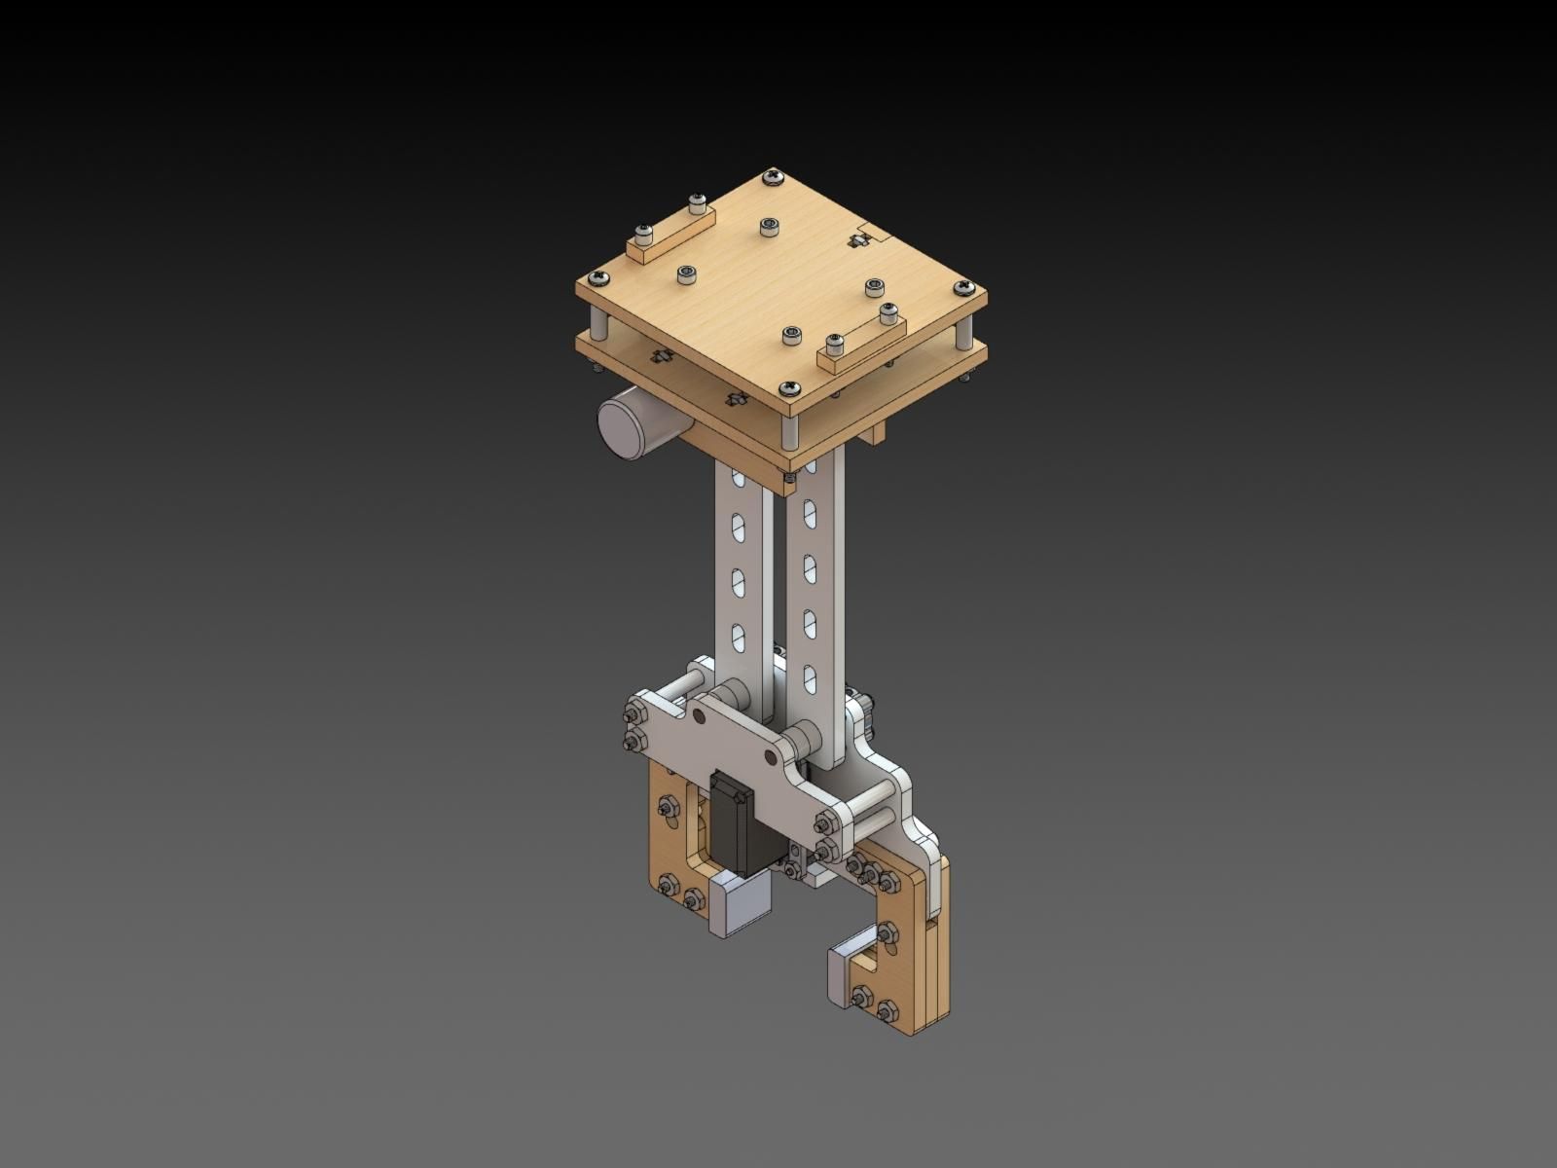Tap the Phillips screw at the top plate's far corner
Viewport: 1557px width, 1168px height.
coord(774,177)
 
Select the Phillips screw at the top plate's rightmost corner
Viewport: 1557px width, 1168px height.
coord(963,287)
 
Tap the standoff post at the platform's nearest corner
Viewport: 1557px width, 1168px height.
coord(790,429)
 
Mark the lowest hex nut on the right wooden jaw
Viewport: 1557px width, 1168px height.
coord(886,1012)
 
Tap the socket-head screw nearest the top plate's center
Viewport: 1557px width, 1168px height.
coord(769,227)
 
